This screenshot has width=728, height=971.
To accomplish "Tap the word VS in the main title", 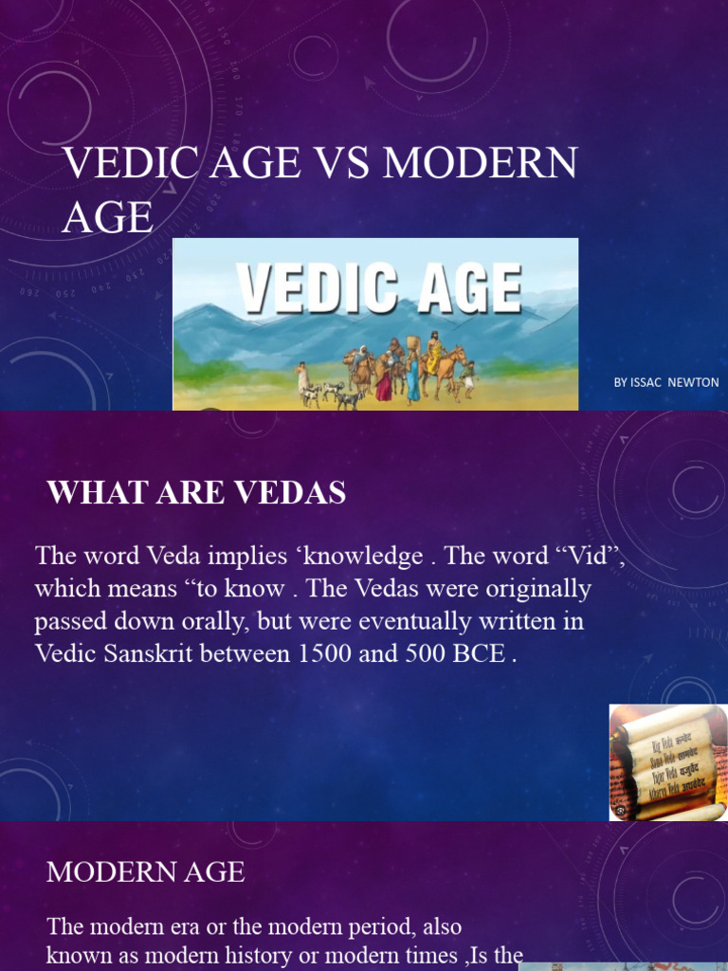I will [x=333, y=162].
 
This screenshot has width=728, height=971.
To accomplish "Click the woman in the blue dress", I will [x=412, y=376].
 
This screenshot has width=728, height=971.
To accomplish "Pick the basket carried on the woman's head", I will [x=412, y=341].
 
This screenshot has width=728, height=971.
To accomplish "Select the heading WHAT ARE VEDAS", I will [x=196, y=493].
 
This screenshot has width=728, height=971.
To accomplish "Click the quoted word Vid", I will [x=590, y=556].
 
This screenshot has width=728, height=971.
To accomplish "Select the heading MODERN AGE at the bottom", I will [x=145, y=872].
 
